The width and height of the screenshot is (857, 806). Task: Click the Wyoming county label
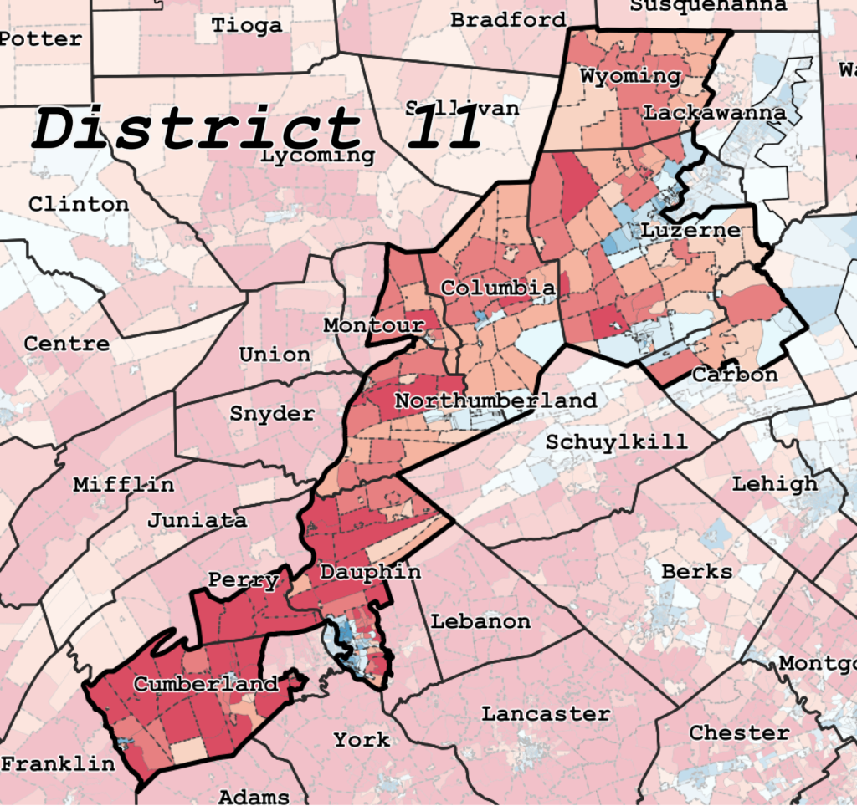coord(630,76)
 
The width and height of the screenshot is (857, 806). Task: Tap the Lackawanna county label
coord(714,112)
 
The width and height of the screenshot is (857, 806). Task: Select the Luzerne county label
coord(691,230)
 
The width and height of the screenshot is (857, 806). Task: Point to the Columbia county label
coord(497,288)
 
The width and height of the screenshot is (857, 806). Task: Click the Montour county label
coord(374,324)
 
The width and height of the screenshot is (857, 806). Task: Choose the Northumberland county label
coord(495,400)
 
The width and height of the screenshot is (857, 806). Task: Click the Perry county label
coord(244,580)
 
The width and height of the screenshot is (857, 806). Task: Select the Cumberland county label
coord(206,684)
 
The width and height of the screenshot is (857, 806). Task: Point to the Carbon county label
coord(735,375)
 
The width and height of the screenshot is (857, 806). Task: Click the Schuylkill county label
coord(616,441)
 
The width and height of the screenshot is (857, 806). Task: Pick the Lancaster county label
coord(546,713)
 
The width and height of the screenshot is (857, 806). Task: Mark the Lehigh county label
coord(775,483)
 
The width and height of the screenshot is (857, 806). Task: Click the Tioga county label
coord(246,25)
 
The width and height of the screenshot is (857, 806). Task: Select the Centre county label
coord(66,343)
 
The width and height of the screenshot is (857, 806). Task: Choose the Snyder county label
coord(272,413)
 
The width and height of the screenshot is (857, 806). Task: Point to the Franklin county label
coord(58,763)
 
